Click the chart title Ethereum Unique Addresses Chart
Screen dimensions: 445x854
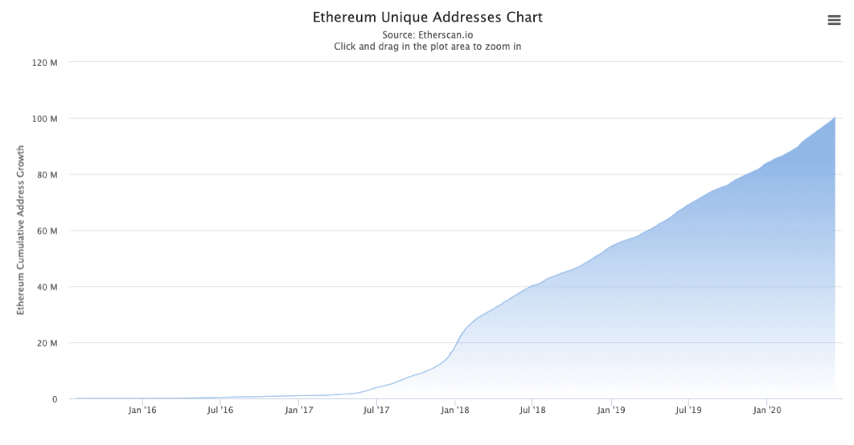pyautogui.click(x=427, y=17)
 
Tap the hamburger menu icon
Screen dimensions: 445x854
pyautogui.click(x=834, y=21)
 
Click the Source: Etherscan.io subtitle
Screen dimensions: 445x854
pyautogui.click(x=427, y=35)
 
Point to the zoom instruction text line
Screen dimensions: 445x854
pyautogui.click(x=427, y=47)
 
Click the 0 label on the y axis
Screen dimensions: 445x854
pyautogui.click(x=55, y=399)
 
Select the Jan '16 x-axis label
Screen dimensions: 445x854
pyautogui.click(x=142, y=410)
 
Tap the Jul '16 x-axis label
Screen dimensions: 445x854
pyautogui.click(x=220, y=410)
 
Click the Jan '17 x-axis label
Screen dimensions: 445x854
pyautogui.click(x=298, y=410)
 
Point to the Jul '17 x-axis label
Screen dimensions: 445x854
pyautogui.click(x=376, y=410)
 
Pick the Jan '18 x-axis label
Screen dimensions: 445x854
pyautogui.click(x=454, y=410)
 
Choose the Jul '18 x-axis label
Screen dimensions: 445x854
pyautogui.click(x=532, y=410)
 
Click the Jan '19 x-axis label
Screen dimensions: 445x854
pyautogui.click(x=611, y=410)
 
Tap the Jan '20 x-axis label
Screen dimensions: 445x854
pyautogui.click(x=767, y=410)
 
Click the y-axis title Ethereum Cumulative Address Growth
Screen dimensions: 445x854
pyautogui.click(x=21, y=231)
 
